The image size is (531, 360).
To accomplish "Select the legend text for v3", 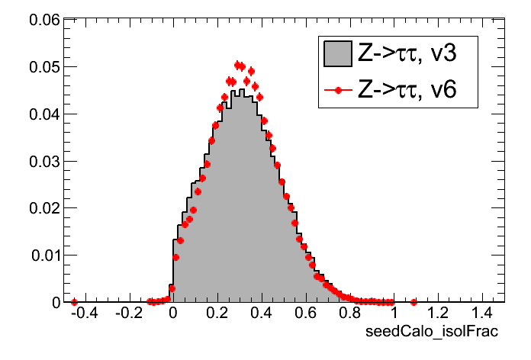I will pos(407,53).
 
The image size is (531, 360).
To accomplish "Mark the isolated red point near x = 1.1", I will pos(414,302).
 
